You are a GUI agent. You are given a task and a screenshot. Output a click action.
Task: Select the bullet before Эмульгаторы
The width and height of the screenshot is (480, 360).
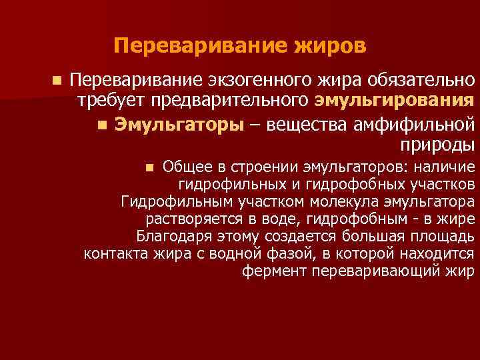(101, 125)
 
